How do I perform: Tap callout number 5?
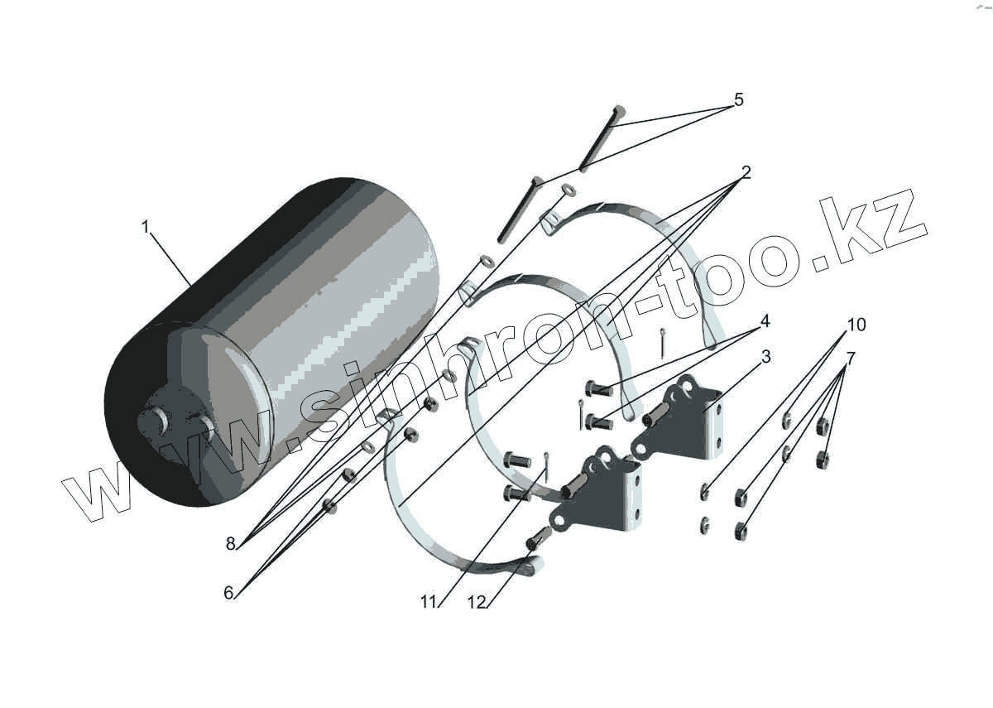(x=738, y=100)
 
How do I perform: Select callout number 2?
(x=746, y=172)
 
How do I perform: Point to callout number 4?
(x=765, y=320)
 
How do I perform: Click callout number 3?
(x=765, y=357)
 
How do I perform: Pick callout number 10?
(x=856, y=325)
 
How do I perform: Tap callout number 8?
(x=231, y=544)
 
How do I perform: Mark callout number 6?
(x=228, y=592)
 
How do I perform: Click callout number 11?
(x=427, y=602)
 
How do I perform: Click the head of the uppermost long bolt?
(x=618, y=109)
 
